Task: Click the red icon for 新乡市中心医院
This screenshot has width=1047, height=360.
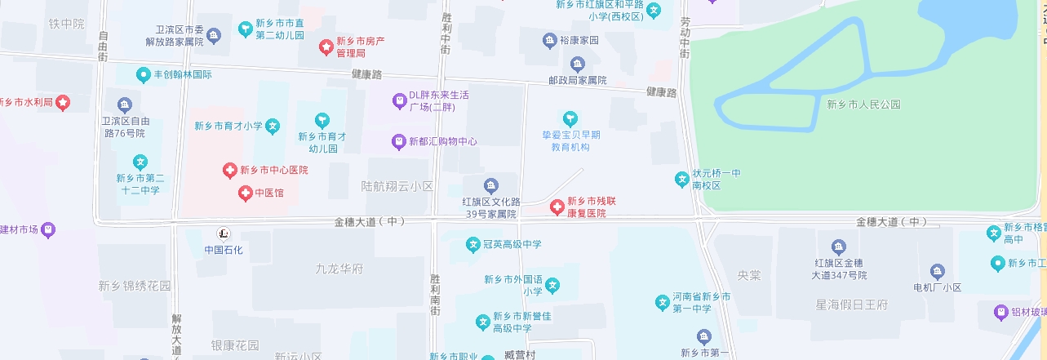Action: click(230, 171)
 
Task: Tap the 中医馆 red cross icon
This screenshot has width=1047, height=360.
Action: click(245, 193)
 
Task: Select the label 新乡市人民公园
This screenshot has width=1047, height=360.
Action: click(863, 104)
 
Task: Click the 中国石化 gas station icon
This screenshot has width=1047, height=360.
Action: click(224, 234)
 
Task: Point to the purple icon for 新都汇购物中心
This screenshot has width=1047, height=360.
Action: click(399, 141)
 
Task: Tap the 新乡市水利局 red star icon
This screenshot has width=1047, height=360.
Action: click(63, 102)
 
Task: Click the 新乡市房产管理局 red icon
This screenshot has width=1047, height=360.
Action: click(326, 47)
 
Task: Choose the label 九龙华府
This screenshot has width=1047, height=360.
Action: click(339, 268)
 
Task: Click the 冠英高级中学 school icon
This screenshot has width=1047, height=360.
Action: click(472, 244)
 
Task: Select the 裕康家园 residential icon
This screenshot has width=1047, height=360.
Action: click(549, 40)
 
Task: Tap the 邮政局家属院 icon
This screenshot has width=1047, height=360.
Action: click(578, 64)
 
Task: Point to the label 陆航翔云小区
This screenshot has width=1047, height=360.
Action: click(397, 186)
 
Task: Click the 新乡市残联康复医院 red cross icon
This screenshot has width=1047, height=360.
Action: click(557, 207)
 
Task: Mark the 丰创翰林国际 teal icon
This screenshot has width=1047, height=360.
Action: click(144, 74)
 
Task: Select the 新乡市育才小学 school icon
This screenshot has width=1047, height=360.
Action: click(273, 127)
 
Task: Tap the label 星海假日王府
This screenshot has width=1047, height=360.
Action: click(851, 304)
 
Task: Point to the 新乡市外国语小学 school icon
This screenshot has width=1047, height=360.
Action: click(553, 285)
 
